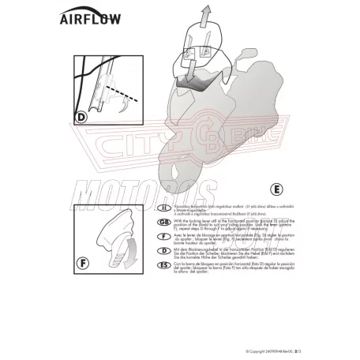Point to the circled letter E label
(276, 190)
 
